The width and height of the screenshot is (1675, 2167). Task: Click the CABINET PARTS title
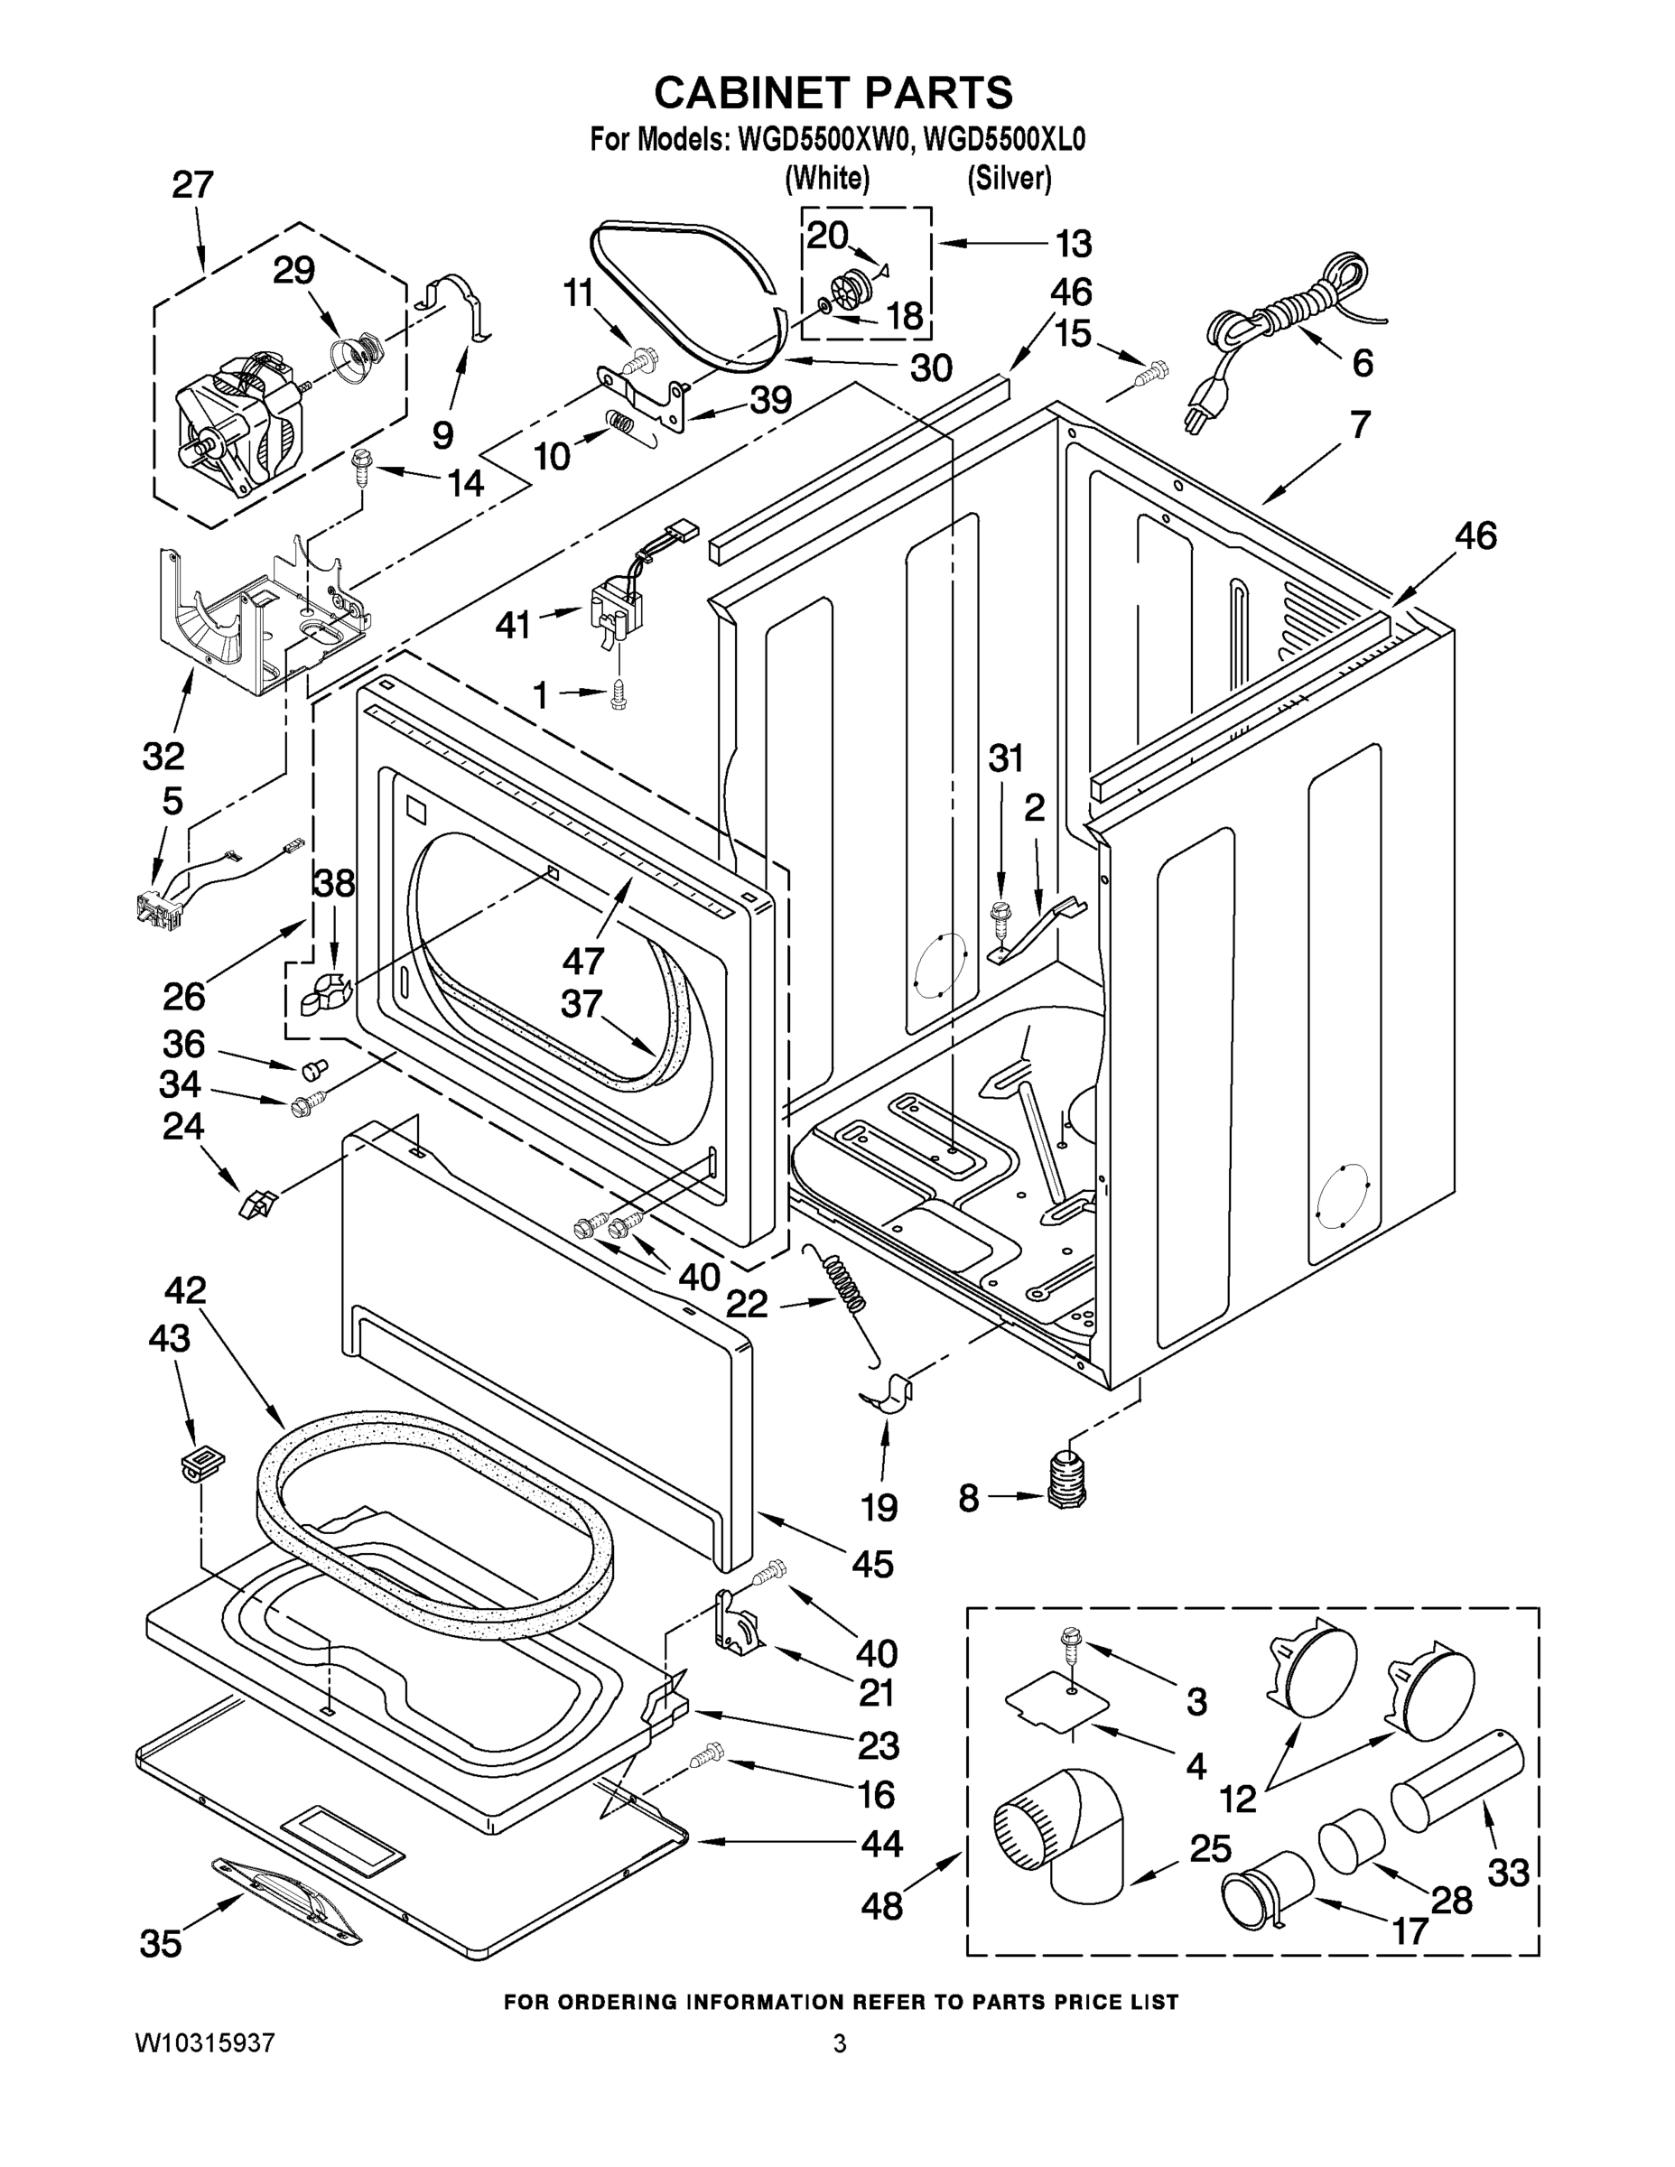coord(833,92)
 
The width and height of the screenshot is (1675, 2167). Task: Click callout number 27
coord(192,184)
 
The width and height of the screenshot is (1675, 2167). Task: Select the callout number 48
coord(881,1905)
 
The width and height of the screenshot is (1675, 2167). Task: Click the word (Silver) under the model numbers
coord(1010,179)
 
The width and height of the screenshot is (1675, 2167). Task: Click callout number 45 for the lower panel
coord(872,1564)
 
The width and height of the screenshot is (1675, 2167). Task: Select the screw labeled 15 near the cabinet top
coord(1152,374)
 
